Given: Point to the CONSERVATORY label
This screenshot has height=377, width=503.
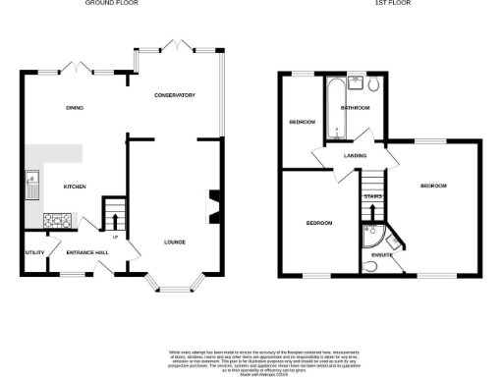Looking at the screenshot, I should pos(175,95).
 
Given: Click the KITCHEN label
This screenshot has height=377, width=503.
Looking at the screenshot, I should pos(76,187).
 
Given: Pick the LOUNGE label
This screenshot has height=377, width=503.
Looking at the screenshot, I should pos(175,242).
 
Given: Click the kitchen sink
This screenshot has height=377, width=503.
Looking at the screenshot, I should pos(31,180).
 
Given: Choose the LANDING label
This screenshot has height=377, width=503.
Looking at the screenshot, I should pos(355,155).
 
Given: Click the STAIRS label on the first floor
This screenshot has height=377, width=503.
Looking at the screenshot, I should pos(372,197).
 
